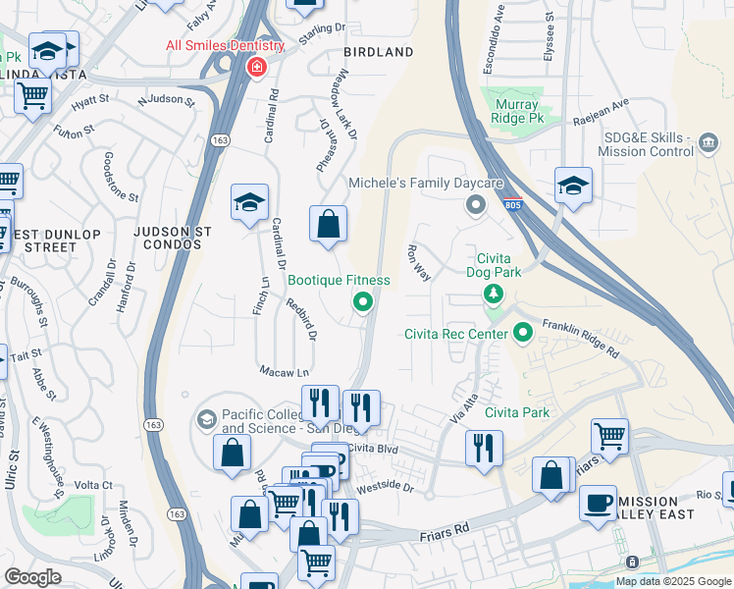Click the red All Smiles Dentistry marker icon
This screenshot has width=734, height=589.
256,67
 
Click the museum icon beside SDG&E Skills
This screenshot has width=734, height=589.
707,145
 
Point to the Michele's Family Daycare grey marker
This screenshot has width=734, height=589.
476,205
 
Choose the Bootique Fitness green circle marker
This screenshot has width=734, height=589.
363,302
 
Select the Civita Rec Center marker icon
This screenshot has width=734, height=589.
522,334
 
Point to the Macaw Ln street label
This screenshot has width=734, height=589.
284,372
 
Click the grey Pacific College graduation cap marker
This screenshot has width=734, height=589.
206,420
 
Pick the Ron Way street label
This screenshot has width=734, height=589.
419,263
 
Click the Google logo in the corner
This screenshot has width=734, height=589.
33,577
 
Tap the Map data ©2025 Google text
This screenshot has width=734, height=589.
673,581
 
